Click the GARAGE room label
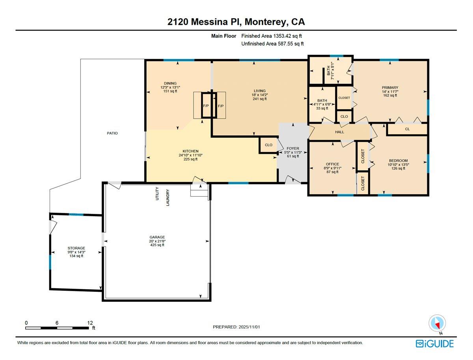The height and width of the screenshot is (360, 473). tap(157, 237)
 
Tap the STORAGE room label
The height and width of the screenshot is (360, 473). tap(76, 248)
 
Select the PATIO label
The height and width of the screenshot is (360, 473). tap(112, 133)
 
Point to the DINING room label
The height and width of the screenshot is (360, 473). tap(170, 83)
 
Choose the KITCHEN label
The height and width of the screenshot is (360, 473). tap(190, 151)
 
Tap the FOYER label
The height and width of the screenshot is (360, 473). tap(293, 148)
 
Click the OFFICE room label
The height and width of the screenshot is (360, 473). tap(332, 164)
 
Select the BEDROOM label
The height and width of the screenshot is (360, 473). tap(398, 161)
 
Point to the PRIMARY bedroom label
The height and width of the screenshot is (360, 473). tap(390, 87)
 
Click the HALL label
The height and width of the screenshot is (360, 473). tap(339, 132)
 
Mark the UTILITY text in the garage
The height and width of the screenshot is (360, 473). tap(157, 194)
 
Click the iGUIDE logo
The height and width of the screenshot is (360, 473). tap(435, 343)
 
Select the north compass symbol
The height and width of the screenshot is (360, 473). tap(437, 323)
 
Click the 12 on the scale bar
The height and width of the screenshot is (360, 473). tap(91, 323)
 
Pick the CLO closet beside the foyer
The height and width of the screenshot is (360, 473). tap(268, 145)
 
